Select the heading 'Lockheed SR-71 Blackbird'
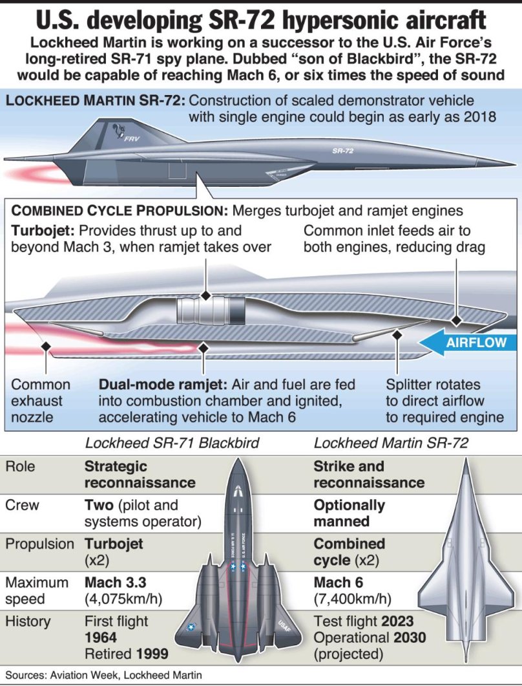(x=172, y=444)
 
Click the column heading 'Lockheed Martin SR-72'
(x=391, y=444)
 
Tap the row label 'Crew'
(x=23, y=505)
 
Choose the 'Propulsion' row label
(x=39, y=544)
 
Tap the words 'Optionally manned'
(x=349, y=513)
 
